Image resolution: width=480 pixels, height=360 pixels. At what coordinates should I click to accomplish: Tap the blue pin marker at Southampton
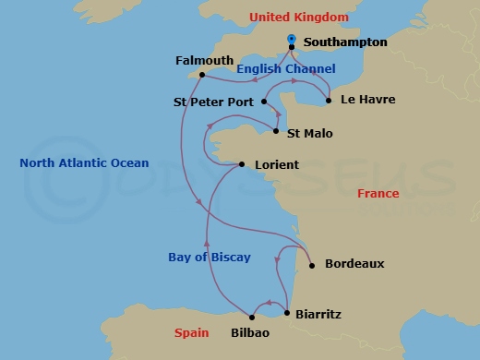tap(292, 39)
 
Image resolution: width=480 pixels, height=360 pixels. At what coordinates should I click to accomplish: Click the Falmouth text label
tap(204, 61)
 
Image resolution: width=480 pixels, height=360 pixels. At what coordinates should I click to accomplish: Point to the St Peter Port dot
tap(263, 102)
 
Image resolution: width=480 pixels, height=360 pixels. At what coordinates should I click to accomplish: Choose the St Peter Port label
tap(213, 102)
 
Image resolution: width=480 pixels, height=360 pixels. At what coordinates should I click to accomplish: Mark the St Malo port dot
tap(276, 132)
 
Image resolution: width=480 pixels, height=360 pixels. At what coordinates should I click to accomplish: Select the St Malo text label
tap(310, 134)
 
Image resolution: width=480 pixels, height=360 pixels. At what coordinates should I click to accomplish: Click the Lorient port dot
tap(242, 165)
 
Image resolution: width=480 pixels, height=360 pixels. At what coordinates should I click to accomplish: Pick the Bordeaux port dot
tap(313, 265)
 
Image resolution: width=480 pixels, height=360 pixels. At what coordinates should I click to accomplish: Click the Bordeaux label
tap(354, 264)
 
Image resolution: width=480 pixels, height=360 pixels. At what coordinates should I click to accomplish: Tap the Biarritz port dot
tap(287, 314)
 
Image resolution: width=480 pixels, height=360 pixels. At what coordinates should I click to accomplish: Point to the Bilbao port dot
tap(252, 318)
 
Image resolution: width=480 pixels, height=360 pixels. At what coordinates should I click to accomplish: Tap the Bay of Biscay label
tap(210, 258)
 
